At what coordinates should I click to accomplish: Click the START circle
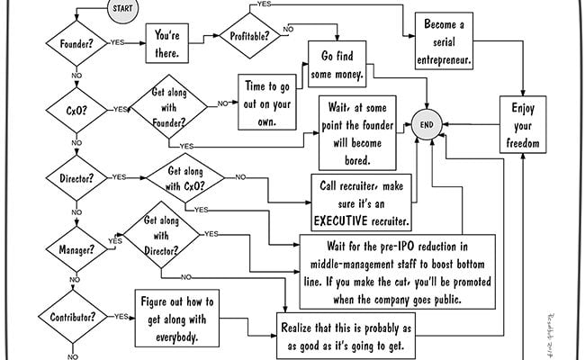[x=122, y=9]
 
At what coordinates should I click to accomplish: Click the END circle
[x=427, y=124]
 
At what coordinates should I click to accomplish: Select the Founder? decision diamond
[x=76, y=43]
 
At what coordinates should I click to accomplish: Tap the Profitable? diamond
[x=249, y=36]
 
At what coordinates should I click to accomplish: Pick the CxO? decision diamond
[x=76, y=111]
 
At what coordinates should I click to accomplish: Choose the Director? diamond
[x=76, y=178]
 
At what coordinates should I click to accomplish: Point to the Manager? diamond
[x=76, y=249]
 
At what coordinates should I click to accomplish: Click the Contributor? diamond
[x=73, y=317]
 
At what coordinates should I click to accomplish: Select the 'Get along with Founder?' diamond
[x=168, y=107]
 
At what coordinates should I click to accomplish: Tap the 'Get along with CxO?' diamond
[x=185, y=178]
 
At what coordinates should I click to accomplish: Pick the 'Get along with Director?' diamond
[x=161, y=235]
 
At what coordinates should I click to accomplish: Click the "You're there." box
[x=166, y=43]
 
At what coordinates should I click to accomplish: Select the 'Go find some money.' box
[x=337, y=64]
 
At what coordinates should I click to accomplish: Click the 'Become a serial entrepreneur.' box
[x=444, y=41]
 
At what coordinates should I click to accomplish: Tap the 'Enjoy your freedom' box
[x=523, y=124]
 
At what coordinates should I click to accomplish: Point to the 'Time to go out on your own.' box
[x=267, y=103]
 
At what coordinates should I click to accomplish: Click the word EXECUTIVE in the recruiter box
[x=340, y=220]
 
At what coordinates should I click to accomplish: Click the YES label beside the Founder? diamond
[x=117, y=42]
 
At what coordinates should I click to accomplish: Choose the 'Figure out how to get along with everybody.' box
[x=176, y=319]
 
